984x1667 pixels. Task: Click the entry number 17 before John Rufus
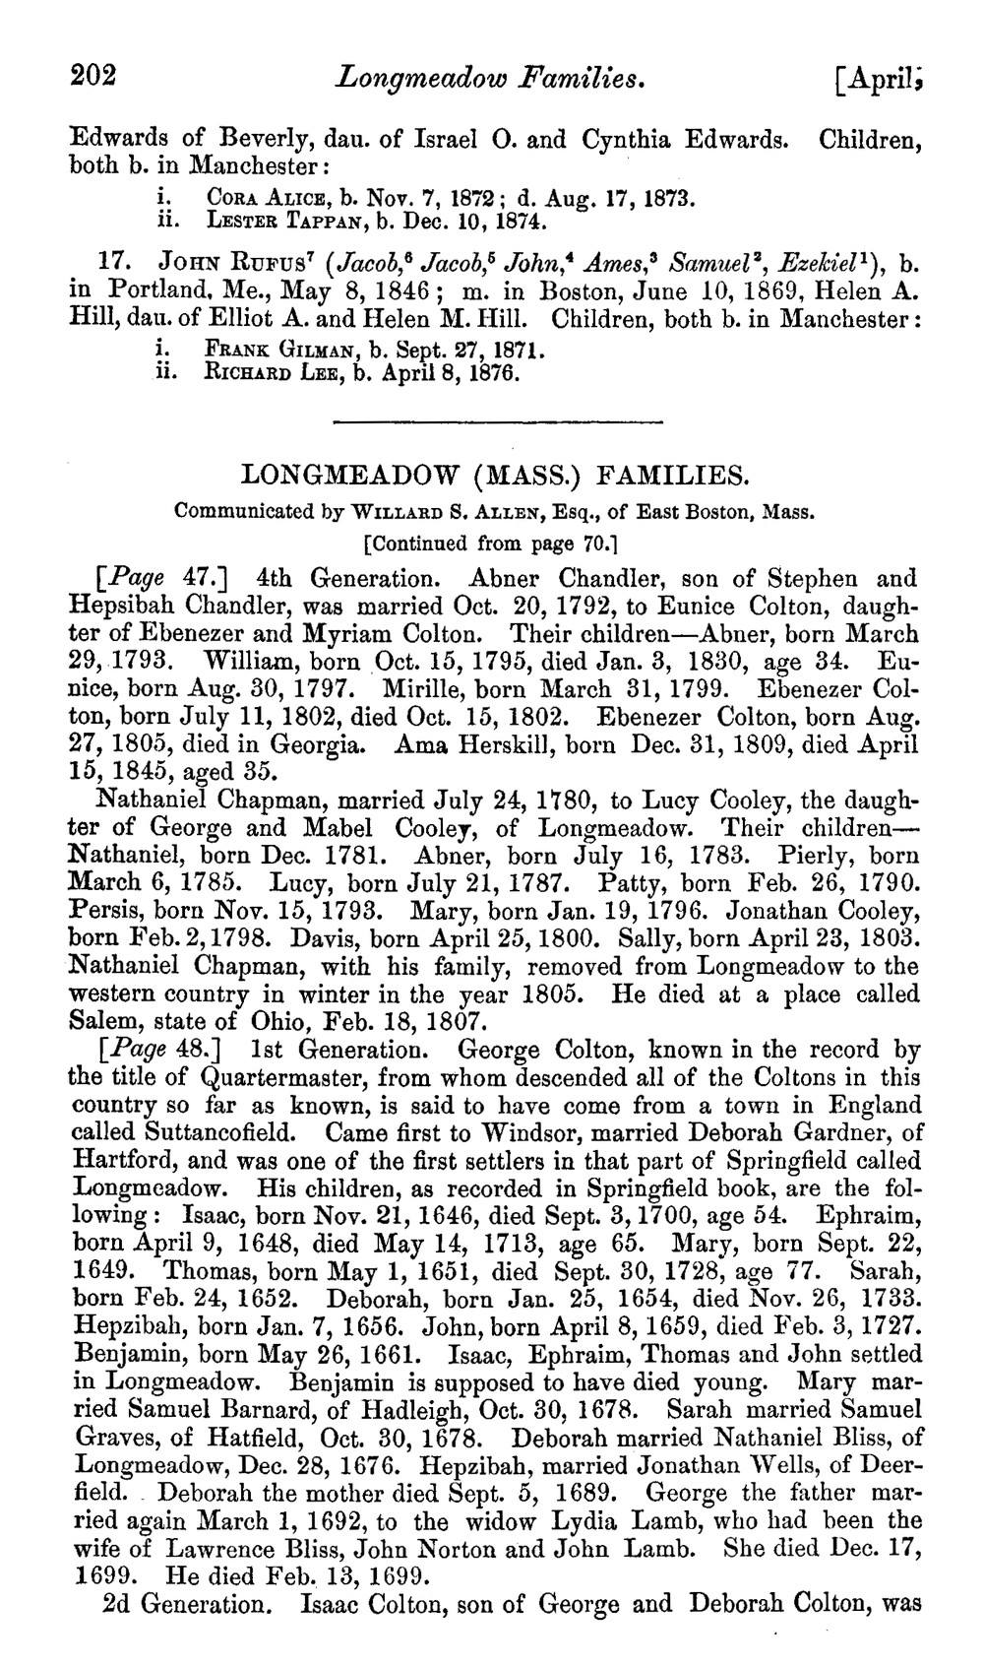pos(117,265)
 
